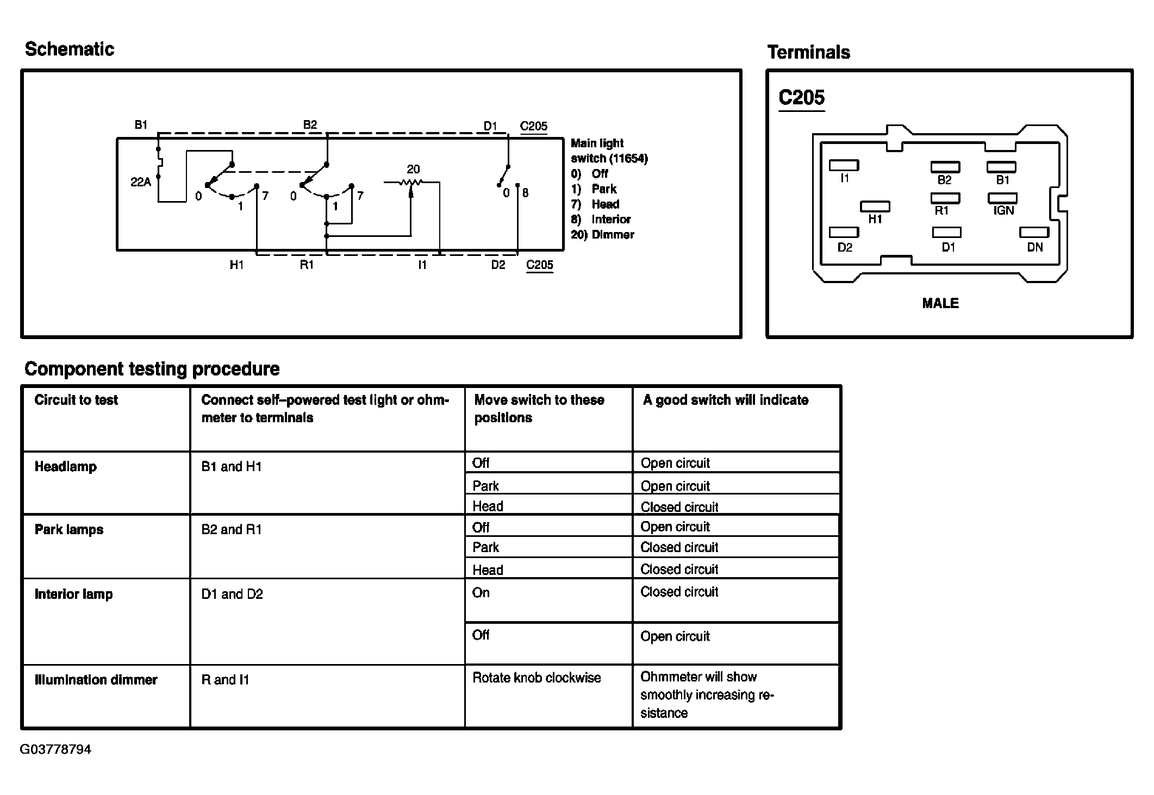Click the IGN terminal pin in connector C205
point(1002,198)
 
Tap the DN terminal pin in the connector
point(1034,233)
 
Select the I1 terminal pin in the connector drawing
point(844,165)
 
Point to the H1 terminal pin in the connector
point(875,206)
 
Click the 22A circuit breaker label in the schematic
point(140,182)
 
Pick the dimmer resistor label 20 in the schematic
point(413,169)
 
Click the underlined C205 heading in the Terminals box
point(801,98)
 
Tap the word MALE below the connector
point(940,303)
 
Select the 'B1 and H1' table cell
point(232,467)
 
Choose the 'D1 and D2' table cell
point(232,594)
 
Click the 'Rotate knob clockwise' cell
point(537,678)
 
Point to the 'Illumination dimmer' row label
point(96,680)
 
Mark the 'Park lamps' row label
point(69,530)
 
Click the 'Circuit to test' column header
point(76,400)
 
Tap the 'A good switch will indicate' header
point(725,400)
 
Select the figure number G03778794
point(55,749)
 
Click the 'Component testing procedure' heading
point(152,369)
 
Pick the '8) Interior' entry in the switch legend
point(601,220)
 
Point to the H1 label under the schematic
point(236,265)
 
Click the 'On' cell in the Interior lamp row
point(481,593)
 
